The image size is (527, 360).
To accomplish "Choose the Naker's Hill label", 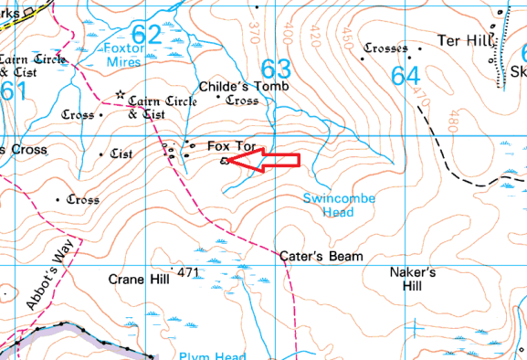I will tap(414, 279).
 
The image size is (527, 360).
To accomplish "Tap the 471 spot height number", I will tap(189, 273).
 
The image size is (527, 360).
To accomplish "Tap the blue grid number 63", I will tap(276, 69).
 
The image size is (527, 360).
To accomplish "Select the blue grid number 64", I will tap(406, 76).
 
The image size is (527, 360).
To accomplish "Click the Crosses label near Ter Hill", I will tap(386, 48).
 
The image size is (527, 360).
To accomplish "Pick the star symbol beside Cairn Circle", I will tap(120, 95).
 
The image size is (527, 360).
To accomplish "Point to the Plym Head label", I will tap(206, 355).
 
